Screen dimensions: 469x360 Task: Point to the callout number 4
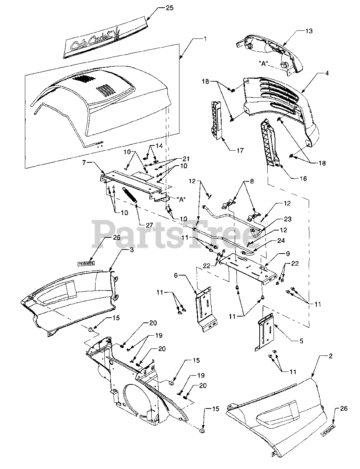pos(326,73)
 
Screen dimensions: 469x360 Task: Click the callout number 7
pos(85,162)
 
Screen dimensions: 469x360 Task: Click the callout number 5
pos(301,341)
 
